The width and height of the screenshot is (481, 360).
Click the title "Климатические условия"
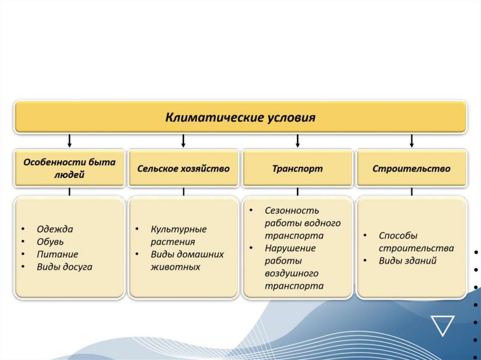240,117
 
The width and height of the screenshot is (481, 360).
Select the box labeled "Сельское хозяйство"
183,169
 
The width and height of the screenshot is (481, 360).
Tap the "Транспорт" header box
297,169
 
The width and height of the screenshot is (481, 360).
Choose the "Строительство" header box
411,169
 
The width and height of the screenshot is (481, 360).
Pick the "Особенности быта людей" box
70,169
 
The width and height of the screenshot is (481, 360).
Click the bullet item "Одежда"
55,230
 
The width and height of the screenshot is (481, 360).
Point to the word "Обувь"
50,242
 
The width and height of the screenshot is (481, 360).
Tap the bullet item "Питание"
57,254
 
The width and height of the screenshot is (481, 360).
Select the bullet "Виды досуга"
64,267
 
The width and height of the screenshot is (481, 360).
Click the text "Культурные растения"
178,236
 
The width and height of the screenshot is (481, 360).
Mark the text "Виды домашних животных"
187,260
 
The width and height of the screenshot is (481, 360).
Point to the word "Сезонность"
292,211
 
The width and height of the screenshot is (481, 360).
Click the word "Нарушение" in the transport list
290,248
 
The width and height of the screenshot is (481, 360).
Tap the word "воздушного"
291,273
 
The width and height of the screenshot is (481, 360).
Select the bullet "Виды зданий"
408,260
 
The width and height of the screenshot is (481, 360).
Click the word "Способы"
398,236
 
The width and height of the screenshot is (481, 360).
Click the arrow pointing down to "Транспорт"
297,140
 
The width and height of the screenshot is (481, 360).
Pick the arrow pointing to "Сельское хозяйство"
183,140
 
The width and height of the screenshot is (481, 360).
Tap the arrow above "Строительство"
412,140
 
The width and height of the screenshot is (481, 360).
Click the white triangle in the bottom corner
442,324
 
